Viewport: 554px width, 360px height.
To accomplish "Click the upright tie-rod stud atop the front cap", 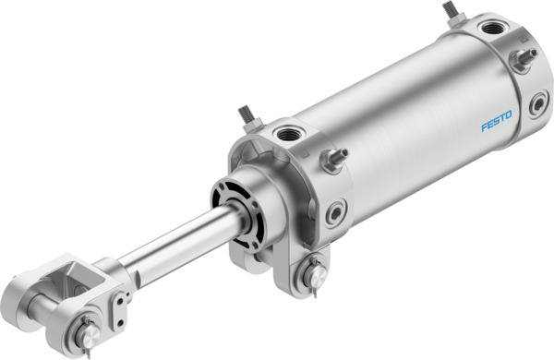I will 248,117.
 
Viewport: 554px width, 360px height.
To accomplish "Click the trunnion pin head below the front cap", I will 314,273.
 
